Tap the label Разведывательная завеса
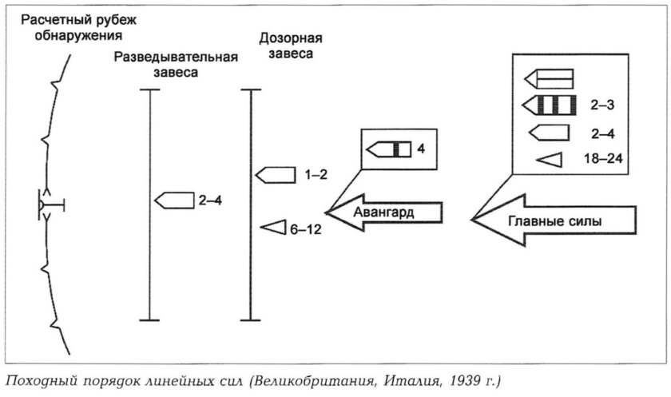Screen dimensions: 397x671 [177, 65]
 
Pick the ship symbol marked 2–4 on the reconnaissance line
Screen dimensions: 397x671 [174, 200]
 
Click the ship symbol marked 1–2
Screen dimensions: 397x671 [275, 174]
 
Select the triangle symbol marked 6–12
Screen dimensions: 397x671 [275, 228]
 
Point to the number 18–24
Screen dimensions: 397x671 [603, 159]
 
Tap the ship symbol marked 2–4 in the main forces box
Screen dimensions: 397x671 [548, 132]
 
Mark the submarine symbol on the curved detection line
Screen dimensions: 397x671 [50, 207]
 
